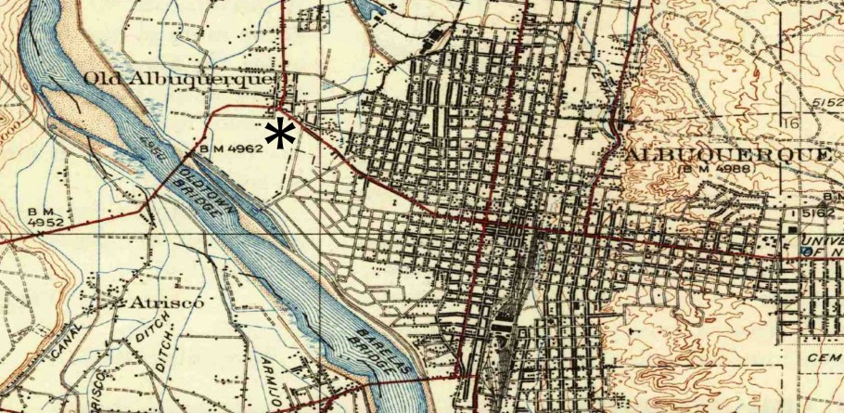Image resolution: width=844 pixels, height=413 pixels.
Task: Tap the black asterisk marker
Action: [279, 135]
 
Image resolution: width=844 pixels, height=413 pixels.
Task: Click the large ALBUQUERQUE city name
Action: [729, 154]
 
